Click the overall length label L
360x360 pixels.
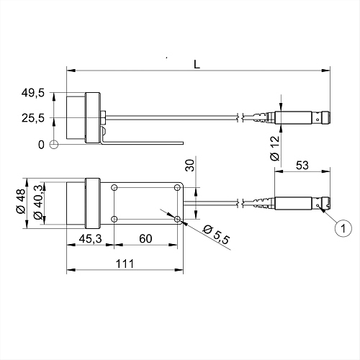(197, 64)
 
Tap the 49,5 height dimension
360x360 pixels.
(33, 93)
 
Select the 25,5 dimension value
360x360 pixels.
(33, 118)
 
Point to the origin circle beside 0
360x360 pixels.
(54, 144)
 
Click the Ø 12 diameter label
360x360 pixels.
(275, 148)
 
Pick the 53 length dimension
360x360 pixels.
(302, 166)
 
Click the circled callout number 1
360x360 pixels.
(343, 228)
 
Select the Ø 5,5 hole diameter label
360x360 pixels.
(216, 235)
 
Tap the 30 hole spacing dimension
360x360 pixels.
(190, 166)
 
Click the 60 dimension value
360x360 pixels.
(145, 238)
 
